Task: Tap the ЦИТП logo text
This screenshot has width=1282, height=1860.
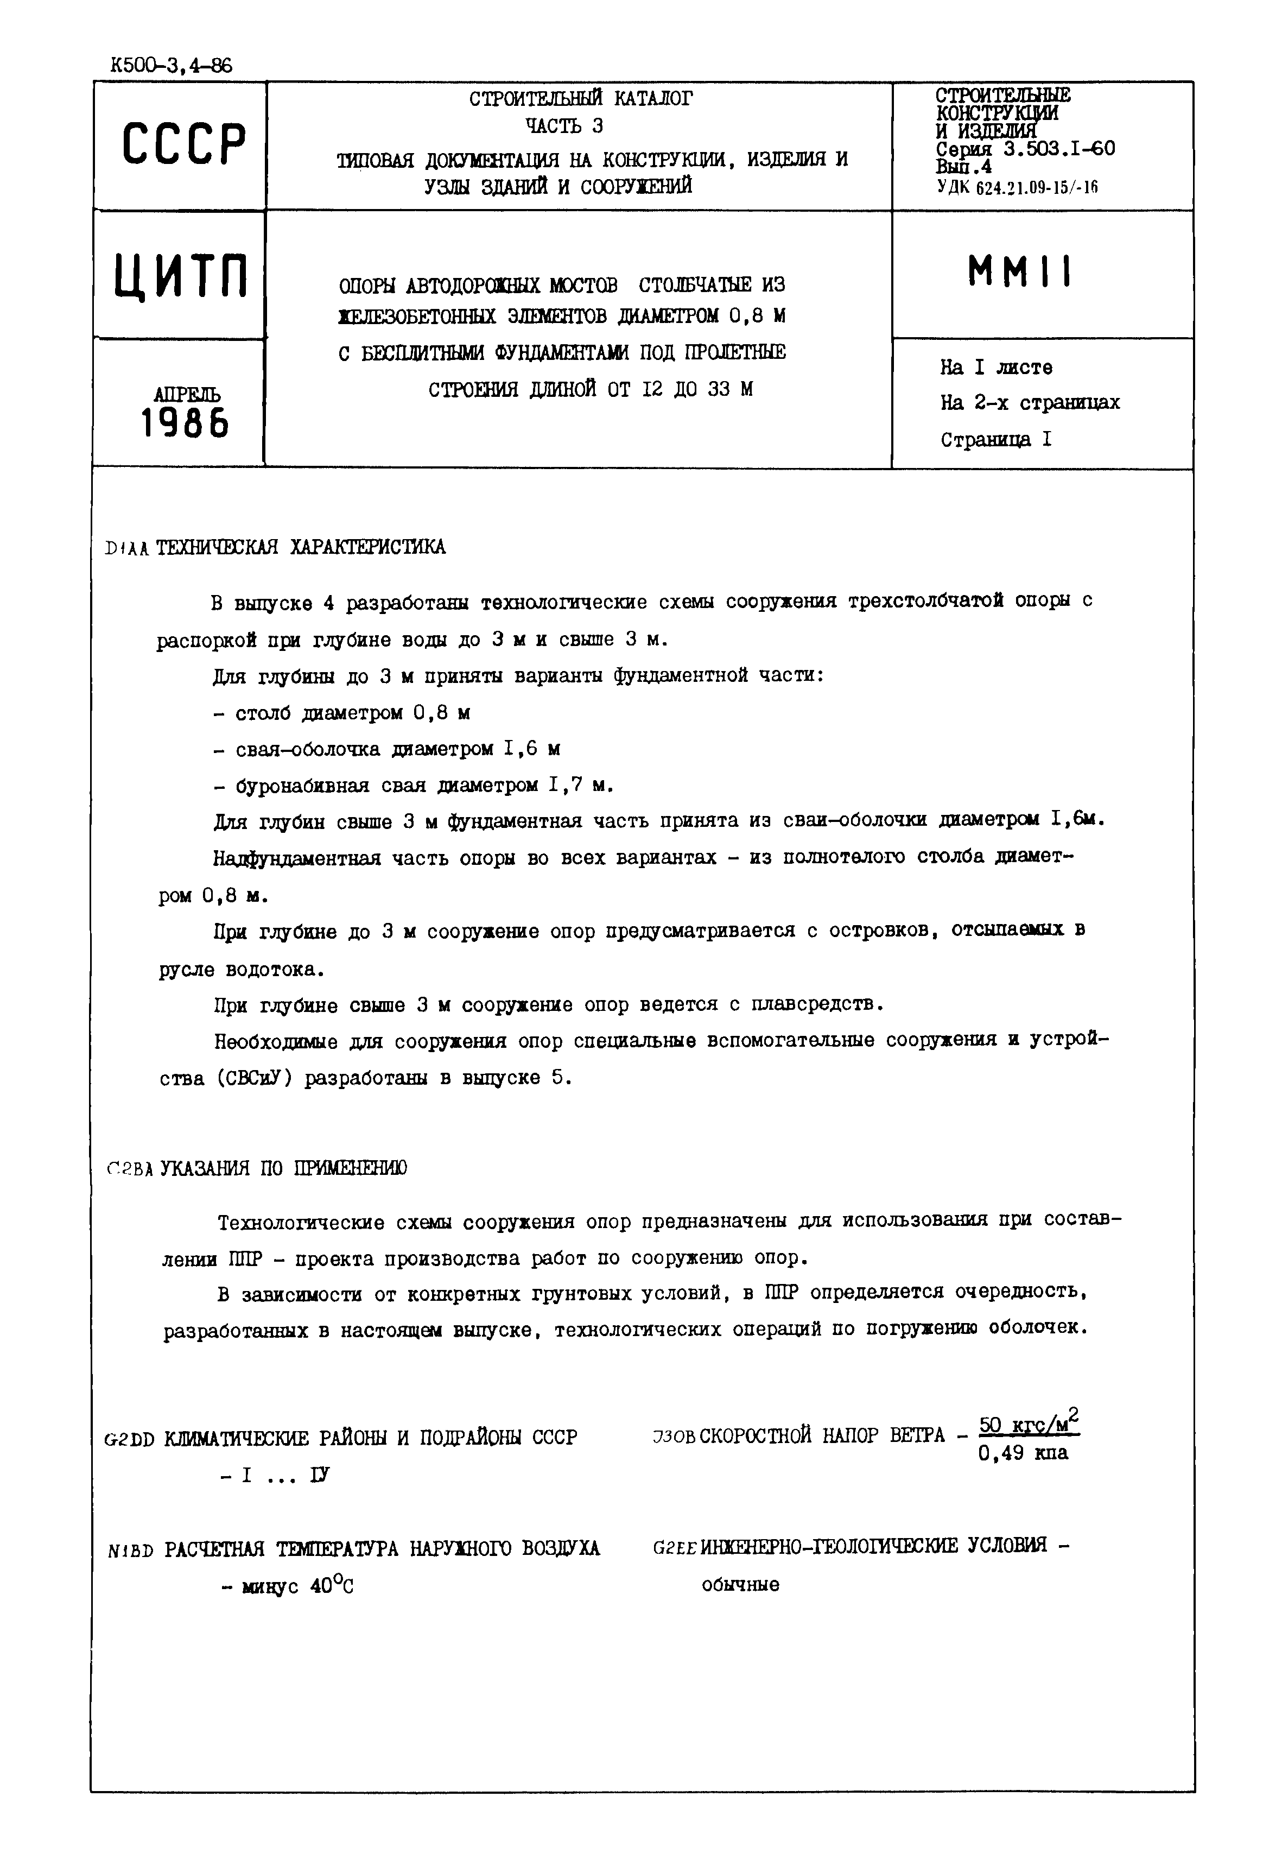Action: point(180,276)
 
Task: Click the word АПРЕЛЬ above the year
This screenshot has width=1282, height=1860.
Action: point(186,395)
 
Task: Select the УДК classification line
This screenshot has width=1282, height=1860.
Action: point(1016,188)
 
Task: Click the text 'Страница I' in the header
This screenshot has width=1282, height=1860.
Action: point(995,440)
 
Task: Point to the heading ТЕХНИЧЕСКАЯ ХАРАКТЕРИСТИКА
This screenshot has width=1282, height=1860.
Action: point(301,548)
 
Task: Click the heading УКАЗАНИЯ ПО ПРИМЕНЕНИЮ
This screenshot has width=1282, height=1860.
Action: point(283,1169)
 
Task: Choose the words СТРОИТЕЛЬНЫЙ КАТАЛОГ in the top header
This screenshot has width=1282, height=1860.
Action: point(580,99)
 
